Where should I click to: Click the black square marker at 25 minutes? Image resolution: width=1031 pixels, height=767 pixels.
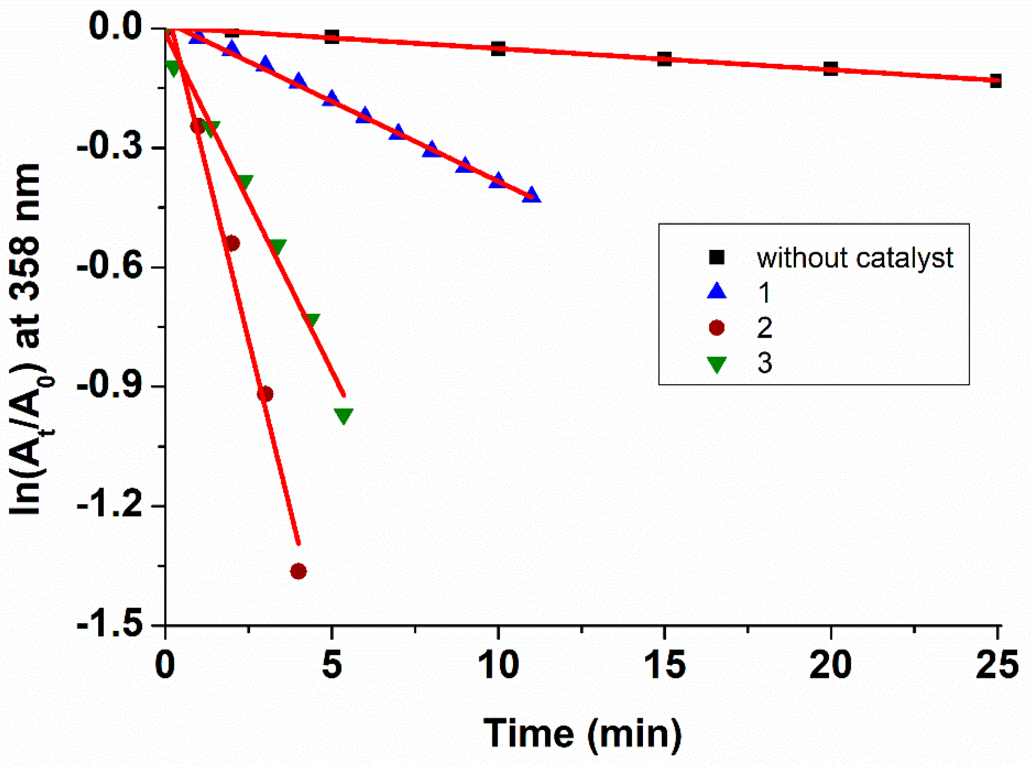click(995, 81)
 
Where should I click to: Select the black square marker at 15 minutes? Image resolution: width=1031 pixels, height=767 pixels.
click(664, 58)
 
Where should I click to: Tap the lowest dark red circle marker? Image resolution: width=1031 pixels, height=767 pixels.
click(298, 571)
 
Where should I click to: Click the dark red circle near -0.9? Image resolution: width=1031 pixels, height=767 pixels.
click(265, 394)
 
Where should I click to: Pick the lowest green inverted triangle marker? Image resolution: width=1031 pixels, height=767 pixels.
click(344, 416)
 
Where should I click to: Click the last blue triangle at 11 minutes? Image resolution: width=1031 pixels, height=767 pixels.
click(532, 195)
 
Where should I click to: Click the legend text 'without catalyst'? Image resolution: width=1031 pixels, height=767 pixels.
click(855, 258)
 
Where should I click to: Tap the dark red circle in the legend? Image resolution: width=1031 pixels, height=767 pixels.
click(717, 327)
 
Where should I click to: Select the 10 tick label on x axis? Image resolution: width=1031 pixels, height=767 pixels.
click(498, 665)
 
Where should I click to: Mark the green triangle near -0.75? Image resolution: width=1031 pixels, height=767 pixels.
click(310, 319)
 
